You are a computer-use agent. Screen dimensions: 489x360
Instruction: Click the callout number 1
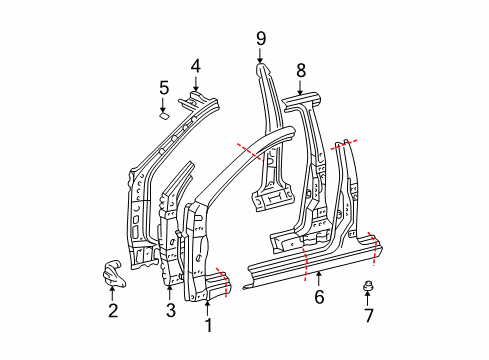click(208, 325)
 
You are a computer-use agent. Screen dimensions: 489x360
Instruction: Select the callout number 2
click(113, 310)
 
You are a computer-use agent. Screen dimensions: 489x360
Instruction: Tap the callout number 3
click(171, 310)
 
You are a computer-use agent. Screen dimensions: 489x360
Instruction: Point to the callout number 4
click(196, 66)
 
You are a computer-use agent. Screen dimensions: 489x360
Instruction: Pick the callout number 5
click(164, 88)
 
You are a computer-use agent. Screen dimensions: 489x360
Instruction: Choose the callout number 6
click(319, 296)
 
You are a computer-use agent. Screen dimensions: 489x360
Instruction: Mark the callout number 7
click(368, 315)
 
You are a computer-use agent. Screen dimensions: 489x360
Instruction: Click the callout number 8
click(301, 71)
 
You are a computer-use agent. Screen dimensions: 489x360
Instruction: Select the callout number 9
click(261, 39)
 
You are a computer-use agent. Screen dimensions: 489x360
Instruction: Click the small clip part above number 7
click(368, 286)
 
